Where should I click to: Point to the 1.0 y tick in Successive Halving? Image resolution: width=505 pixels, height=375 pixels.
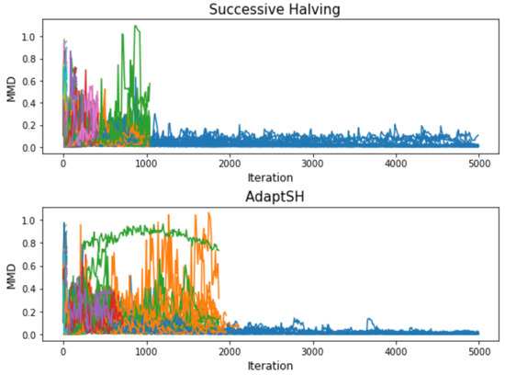(x=34, y=37)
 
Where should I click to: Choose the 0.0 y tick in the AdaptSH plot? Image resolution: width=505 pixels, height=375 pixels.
(x=34, y=335)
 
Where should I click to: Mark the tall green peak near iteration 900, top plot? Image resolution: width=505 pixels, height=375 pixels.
(x=136, y=27)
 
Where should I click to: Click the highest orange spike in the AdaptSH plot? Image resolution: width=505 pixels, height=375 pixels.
(x=208, y=214)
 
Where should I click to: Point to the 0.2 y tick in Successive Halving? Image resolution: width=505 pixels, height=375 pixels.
(x=34, y=126)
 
